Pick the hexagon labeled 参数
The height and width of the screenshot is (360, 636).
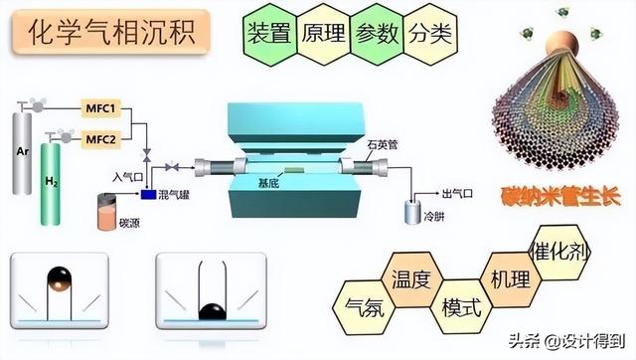376,32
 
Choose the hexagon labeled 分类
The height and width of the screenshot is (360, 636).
429,32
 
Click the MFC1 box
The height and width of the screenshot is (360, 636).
100,106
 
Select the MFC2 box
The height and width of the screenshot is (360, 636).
100,139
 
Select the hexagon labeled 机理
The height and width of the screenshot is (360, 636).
510,279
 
